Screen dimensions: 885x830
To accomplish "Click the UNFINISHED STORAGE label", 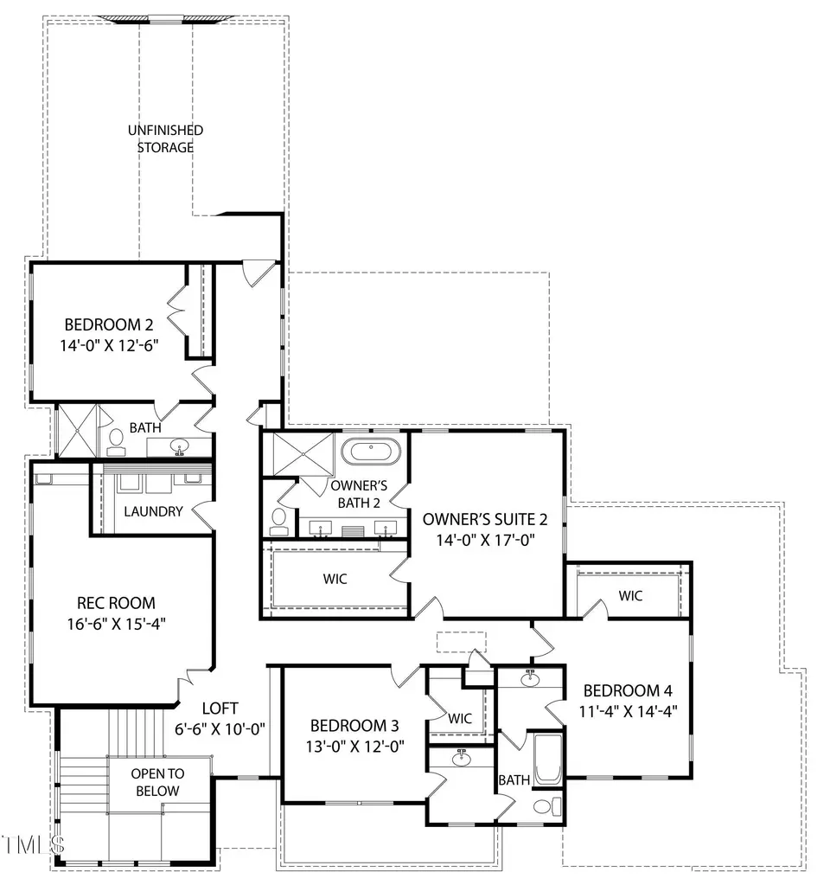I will coord(165,138).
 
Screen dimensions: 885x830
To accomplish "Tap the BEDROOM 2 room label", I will coord(109,325).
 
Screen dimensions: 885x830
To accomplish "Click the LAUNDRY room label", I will coord(153,511).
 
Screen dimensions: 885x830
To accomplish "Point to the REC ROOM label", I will coord(117,603).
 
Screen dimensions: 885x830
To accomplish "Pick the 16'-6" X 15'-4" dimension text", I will coord(117,624).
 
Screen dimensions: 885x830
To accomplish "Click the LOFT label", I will coord(220,708).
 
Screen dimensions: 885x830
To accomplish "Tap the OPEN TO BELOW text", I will coord(156,782).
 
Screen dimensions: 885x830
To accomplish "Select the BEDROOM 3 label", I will coord(354,725).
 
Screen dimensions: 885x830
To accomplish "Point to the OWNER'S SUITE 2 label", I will coord(485,519).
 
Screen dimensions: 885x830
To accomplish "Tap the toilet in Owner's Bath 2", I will coord(278,520).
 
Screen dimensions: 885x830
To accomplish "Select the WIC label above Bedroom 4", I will coord(630,595).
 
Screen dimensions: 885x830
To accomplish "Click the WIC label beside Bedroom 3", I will coord(459,717).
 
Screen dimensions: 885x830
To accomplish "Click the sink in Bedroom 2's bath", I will coord(180,447).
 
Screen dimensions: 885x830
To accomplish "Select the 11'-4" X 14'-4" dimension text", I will coord(627,712).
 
